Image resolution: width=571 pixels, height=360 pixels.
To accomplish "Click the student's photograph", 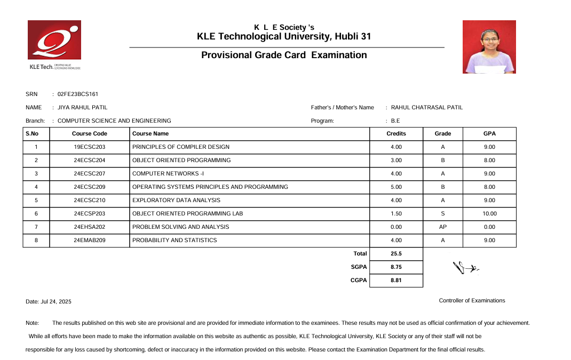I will click(489, 47).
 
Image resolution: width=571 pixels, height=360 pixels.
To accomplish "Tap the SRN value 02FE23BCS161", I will click(78, 94).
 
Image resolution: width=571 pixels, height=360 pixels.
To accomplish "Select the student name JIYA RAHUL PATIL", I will click(82, 108).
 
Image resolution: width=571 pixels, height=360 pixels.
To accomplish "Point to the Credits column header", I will click(396, 134).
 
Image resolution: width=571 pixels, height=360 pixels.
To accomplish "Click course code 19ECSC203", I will click(90, 147).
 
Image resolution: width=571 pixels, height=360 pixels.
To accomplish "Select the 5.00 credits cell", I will click(396, 187).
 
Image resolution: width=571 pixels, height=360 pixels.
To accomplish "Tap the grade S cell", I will click(443, 214).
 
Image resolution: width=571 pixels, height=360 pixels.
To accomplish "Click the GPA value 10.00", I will click(489, 214).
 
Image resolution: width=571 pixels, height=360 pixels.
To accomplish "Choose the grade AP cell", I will click(443, 227).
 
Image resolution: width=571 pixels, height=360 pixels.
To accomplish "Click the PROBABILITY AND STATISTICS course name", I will click(175, 241).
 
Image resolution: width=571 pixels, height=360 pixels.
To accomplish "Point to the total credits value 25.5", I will click(396, 254).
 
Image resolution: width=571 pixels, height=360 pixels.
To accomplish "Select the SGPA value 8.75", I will click(396, 267).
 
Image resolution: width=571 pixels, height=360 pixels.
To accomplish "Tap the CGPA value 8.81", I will click(396, 281).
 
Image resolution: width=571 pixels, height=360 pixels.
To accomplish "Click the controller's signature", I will click(465, 267).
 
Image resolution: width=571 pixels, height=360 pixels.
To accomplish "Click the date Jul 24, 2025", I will click(49, 302).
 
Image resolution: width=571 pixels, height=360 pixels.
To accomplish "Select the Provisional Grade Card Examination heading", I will click(284, 55).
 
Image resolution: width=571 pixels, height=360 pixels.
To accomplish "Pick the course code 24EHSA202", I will click(90, 227).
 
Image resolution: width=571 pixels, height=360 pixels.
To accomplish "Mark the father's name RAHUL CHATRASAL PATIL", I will click(427, 108).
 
